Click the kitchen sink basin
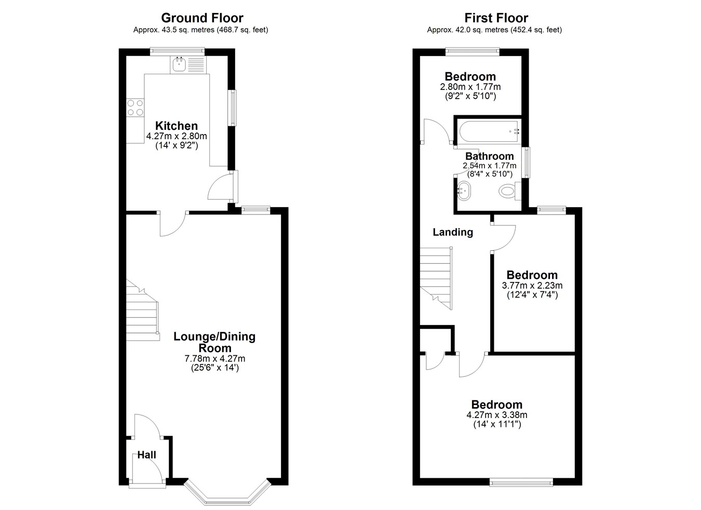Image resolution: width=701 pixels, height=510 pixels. click(x=179, y=65)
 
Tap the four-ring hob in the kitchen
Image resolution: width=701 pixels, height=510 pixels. click(x=135, y=108)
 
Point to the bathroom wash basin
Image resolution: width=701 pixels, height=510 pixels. click(x=464, y=191)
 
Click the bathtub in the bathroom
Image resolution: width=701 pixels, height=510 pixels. click(x=490, y=131)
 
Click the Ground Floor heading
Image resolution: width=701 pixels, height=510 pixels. click(x=202, y=18)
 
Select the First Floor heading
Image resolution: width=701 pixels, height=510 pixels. click(x=496, y=18)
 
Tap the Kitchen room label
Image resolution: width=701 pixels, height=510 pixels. click(x=177, y=126)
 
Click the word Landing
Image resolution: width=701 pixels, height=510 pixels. click(x=453, y=232)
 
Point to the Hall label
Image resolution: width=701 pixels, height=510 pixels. click(x=147, y=455)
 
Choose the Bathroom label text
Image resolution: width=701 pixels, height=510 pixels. click(x=490, y=156)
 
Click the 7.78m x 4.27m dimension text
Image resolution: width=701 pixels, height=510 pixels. click(x=215, y=358)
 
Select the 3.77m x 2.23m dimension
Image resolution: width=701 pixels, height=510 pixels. click(x=532, y=286)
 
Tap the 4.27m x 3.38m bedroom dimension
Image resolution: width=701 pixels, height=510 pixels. click(x=497, y=415)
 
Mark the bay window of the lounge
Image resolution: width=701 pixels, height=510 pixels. click(x=227, y=492)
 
